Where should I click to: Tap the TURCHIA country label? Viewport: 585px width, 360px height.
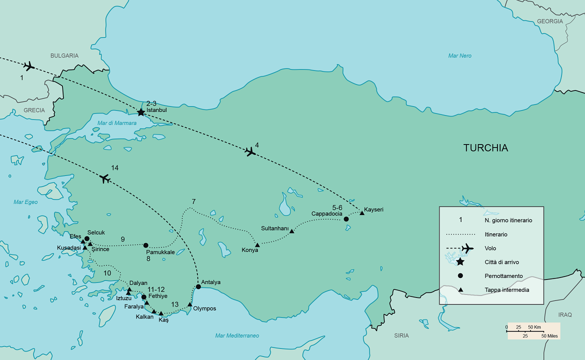[485, 148]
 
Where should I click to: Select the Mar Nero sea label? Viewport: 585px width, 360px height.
[459, 55]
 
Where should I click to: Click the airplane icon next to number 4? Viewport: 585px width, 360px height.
[250, 151]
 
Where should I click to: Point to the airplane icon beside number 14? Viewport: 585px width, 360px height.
[104, 178]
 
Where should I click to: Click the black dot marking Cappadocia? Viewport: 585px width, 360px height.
[346, 219]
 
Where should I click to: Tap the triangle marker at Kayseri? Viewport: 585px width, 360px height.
[362, 213]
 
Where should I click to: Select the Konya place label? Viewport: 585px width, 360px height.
[249, 250]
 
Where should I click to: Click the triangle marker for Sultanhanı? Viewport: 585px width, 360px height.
[292, 230]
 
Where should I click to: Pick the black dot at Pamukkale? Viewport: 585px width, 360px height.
[145, 245]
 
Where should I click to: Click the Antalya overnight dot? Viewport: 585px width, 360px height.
[198, 287]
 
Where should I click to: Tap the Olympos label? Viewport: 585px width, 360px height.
[204, 308]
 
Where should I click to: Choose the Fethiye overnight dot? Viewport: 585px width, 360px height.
[144, 297]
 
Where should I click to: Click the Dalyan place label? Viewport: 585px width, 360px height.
[138, 283]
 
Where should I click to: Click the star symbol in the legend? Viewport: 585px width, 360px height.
[460, 261]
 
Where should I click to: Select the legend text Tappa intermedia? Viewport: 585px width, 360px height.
[506, 289]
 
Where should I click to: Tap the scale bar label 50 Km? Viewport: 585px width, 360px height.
[534, 327]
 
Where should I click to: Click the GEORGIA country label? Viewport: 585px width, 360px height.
[550, 21]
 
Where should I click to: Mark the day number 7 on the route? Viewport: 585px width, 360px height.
[193, 201]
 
